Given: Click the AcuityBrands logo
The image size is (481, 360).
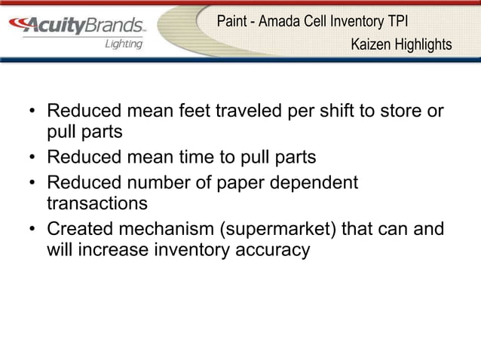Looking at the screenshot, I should pyautogui.click(x=82, y=26).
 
